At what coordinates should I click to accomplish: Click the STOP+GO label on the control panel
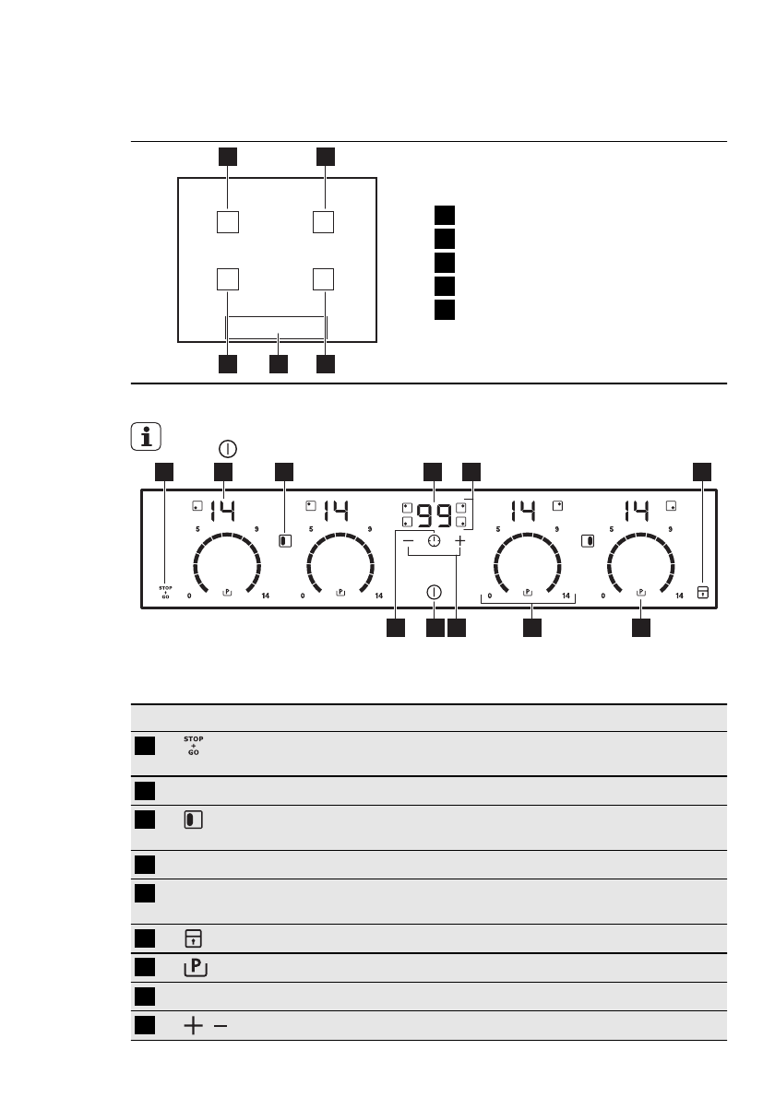point(166,592)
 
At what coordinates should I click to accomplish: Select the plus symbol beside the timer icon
point(459,542)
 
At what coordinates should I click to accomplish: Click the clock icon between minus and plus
point(434,542)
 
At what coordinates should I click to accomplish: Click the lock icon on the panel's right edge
point(703,592)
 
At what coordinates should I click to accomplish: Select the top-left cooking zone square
point(228,222)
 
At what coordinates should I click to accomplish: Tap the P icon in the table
point(196,967)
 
